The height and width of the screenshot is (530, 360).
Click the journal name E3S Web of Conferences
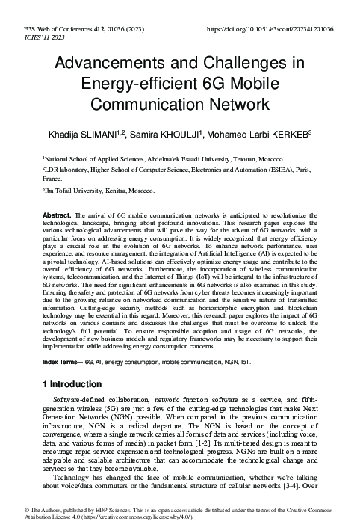(48, 29)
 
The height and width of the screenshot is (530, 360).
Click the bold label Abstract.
(56, 215)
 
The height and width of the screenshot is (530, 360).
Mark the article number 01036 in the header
(114, 29)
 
